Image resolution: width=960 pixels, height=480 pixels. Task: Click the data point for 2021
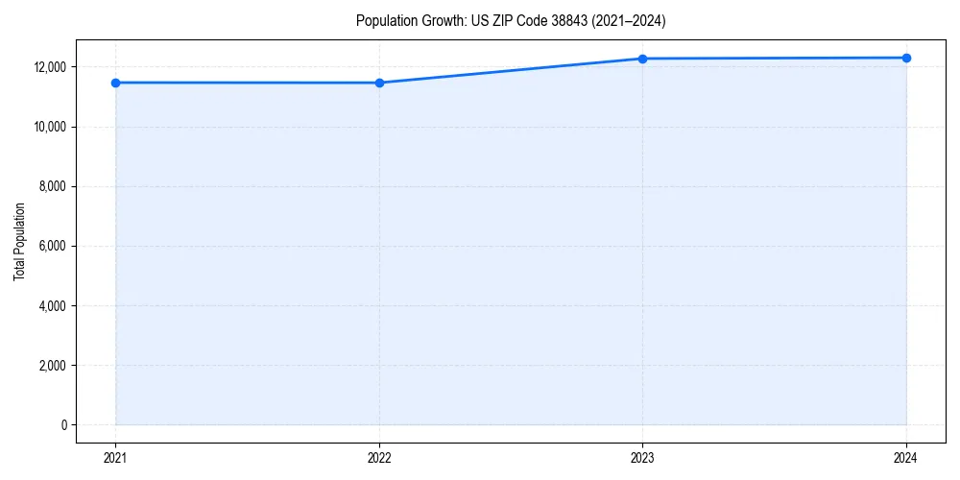point(116,83)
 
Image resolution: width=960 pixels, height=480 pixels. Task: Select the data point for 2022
point(379,83)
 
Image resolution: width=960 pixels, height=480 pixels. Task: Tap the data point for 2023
point(642,59)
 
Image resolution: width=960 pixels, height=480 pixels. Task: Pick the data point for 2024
point(906,58)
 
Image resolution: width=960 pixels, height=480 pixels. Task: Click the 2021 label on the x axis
point(116,457)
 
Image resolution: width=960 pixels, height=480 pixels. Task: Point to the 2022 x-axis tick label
point(379,457)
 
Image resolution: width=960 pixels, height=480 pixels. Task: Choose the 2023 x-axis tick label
point(642,457)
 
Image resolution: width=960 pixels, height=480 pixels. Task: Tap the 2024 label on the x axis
point(906,457)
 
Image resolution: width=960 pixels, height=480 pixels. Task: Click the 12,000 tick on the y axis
point(49,67)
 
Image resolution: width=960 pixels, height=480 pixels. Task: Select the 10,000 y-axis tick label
point(49,127)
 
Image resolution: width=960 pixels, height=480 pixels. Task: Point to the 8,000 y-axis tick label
point(52,186)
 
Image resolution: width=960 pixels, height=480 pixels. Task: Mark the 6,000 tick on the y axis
point(52,246)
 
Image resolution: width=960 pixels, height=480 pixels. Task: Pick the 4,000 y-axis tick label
point(52,306)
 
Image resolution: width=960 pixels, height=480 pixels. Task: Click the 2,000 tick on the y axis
point(52,366)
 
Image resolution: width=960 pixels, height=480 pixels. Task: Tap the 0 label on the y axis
point(64,425)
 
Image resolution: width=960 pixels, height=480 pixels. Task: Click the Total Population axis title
point(20,241)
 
